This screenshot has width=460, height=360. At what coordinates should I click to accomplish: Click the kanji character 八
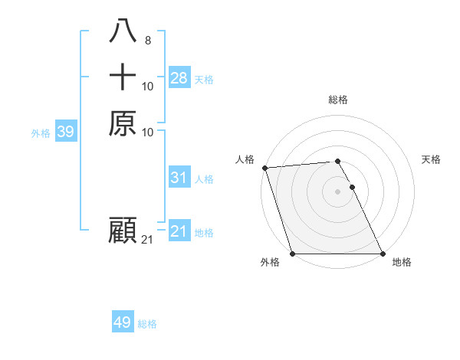pyautogui.click(x=123, y=31)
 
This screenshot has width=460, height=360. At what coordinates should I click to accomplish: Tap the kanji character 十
pyautogui.click(x=123, y=77)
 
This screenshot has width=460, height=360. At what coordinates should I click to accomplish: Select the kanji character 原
pyautogui.click(x=123, y=123)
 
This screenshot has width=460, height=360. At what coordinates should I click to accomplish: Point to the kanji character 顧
pyautogui.click(x=123, y=231)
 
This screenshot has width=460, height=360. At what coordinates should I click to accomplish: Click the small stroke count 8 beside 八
pyautogui.click(x=147, y=41)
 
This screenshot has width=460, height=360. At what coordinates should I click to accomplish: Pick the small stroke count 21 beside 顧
pyautogui.click(x=148, y=240)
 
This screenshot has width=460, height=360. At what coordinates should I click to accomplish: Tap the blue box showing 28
pyautogui.click(x=179, y=78)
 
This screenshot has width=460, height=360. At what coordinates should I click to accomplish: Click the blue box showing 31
pyautogui.click(x=179, y=178)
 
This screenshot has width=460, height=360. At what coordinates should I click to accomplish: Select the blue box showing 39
pyautogui.click(x=65, y=132)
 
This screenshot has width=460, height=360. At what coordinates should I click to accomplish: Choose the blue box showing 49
pyautogui.click(x=122, y=322)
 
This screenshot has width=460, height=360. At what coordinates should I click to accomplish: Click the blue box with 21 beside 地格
pyautogui.click(x=179, y=231)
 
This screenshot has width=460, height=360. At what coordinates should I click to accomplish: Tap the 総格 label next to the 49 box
pyautogui.click(x=147, y=324)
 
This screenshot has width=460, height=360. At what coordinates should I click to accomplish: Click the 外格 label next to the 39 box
pyautogui.click(x=41, y=133)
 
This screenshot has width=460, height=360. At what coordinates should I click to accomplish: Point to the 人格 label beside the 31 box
pyautogui.click(x=204, y=179)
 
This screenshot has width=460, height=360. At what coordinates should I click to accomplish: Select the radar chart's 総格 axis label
pyautogui.click(x=337, y=100)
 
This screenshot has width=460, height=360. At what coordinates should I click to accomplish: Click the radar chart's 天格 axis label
pyautogui.click(x=431, y=159)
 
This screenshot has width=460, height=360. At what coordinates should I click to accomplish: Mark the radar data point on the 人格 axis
pyautogui.click(x=264, y=168)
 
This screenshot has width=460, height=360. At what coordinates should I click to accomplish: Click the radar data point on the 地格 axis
pyautogui.click(x=382, y=254)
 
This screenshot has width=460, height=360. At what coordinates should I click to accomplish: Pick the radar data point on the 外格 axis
pyautogui.click(x=293, y=254)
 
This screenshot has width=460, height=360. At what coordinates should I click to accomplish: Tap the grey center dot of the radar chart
pyautogui.click(x=337, y=191)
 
